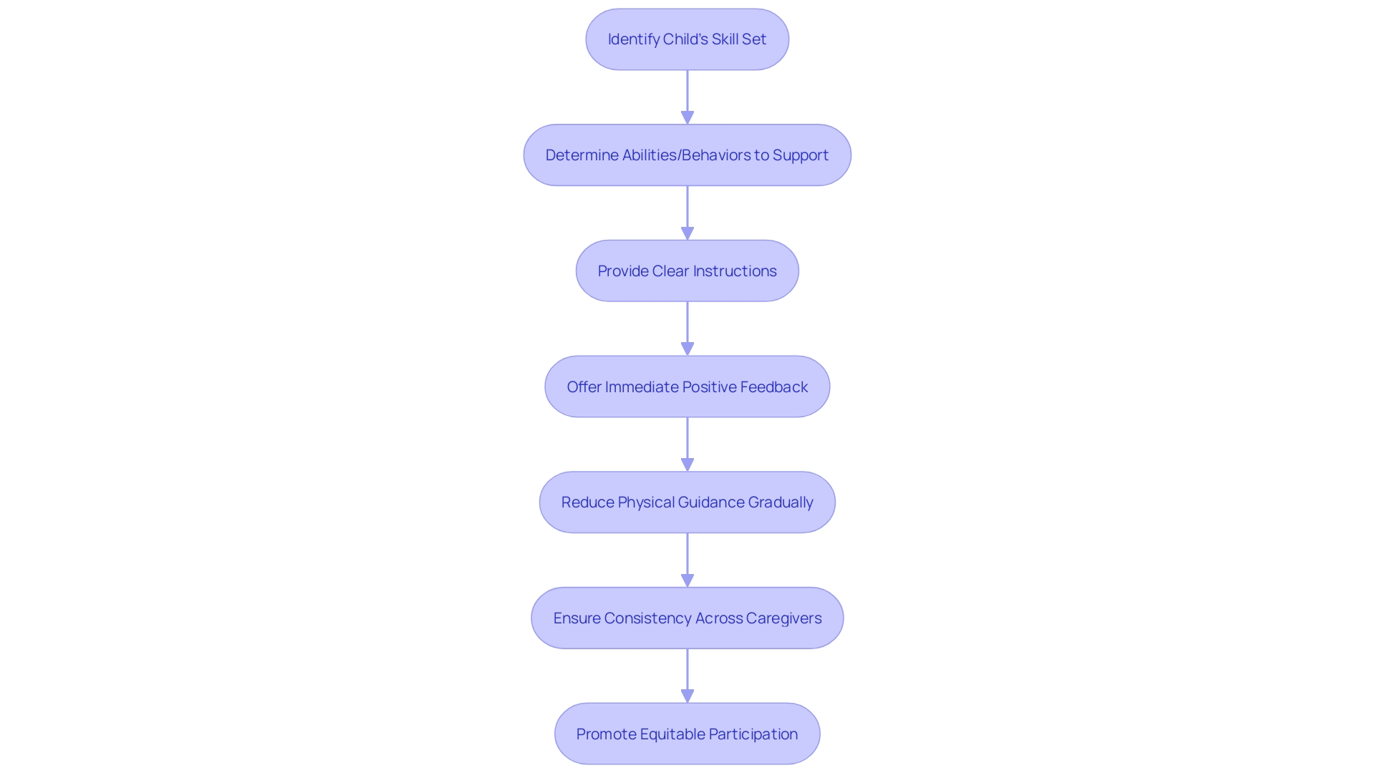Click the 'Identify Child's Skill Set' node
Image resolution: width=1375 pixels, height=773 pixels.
tap(687, 39)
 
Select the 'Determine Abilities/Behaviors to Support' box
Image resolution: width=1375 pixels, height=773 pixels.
tap(687, 155)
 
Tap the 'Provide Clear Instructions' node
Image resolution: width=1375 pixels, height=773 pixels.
tap(687, 271)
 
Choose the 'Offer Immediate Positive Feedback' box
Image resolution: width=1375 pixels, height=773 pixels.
tap(687, 387)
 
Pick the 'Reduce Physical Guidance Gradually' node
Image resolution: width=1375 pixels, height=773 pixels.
tap(687, 502)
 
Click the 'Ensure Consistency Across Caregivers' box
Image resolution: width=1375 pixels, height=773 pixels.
tap(687, 618)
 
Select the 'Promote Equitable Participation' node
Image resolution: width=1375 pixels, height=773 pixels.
tap(687, 734)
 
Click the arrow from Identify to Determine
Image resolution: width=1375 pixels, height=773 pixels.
tap(687, 97)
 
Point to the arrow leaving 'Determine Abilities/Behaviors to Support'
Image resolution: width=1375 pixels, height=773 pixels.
tap(687, 213)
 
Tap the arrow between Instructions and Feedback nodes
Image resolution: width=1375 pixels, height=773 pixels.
tap(687, 329)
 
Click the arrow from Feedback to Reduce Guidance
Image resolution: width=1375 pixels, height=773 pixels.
tap(687, 444)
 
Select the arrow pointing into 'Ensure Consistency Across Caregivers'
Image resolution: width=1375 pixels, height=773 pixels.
tap(687, 560)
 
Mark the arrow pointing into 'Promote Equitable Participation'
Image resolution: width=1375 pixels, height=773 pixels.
tap(687, 676)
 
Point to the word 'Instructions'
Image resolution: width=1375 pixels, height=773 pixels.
tap(735, 271)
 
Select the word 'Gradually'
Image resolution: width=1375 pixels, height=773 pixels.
tap(781, 502)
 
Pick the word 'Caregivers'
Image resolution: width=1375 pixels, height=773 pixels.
tap(783, 618)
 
